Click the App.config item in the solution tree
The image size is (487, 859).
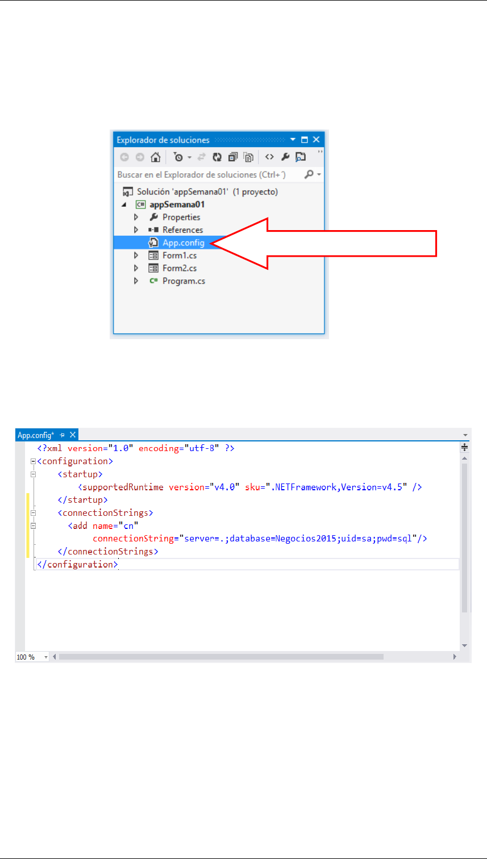point(183,243)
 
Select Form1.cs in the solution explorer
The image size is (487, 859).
point(179,256)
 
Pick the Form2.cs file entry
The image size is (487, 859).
point(179,268)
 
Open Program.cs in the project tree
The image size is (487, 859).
point(183,281)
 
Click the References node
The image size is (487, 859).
point(182,230)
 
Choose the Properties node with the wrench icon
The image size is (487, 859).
point(181,217)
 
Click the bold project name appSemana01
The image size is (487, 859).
point(176,205)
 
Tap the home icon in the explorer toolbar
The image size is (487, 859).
point(155,157)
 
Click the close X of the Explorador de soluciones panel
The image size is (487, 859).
point(317,140)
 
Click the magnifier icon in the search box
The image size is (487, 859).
point(309,174)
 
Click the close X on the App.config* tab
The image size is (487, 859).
point(72,435)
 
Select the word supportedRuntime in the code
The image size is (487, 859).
point(123,487)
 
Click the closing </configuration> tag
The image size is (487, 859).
point(77,564)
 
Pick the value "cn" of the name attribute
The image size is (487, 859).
point(129,526)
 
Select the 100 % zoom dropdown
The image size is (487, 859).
point(32,657)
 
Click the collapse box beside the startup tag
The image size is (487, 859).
point(33,474)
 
